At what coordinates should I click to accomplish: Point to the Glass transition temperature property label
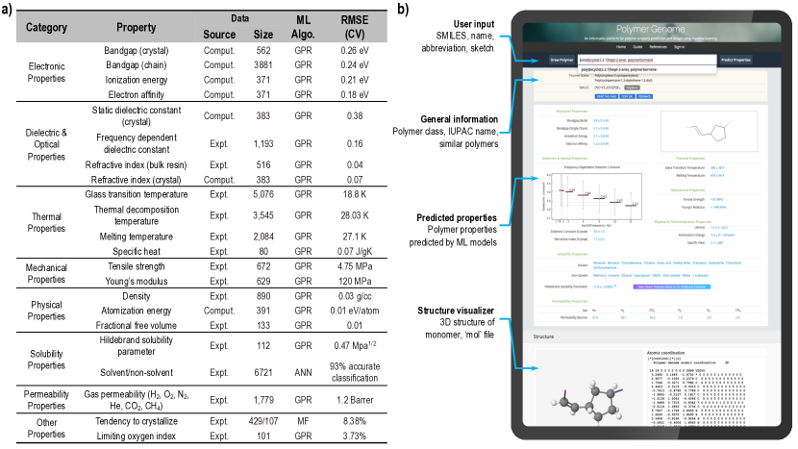[137, 193]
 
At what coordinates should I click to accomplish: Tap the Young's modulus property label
[137, 284]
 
